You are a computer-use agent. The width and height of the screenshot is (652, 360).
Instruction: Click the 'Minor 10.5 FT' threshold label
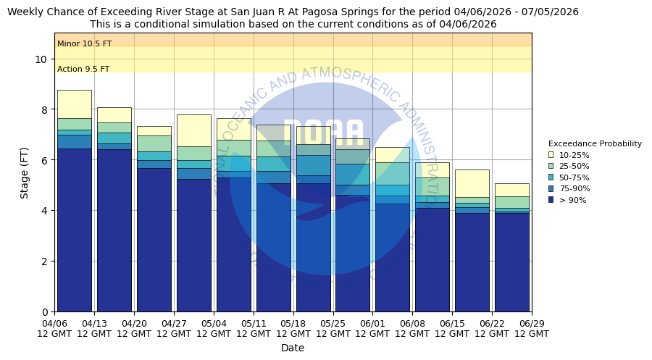(85, 44)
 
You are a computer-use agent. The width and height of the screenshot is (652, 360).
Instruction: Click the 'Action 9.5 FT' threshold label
(83, 70)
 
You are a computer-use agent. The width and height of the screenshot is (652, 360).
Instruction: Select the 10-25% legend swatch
(551, 155)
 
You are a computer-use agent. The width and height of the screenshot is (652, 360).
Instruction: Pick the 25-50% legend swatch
(551, 166)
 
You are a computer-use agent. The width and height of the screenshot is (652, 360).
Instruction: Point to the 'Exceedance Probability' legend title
(595, 144)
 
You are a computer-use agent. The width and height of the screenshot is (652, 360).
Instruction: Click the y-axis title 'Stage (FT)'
(25, 172)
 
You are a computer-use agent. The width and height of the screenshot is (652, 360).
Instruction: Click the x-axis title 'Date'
(293, 348)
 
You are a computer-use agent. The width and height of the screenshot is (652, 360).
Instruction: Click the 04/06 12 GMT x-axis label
(54, 329)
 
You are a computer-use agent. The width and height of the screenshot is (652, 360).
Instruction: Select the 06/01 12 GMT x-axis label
(372, 329)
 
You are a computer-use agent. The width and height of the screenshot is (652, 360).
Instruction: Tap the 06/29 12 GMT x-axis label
(531, 329)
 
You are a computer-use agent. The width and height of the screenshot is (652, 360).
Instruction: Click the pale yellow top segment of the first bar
(75, 104)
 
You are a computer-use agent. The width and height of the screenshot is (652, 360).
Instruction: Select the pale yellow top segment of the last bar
(511, 190)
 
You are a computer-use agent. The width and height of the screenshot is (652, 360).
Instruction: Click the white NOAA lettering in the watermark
(323, 133)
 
